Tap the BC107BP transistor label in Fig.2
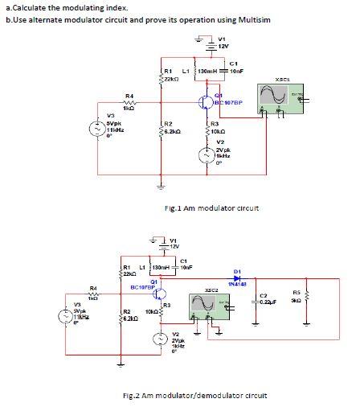(x=142, y=286)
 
